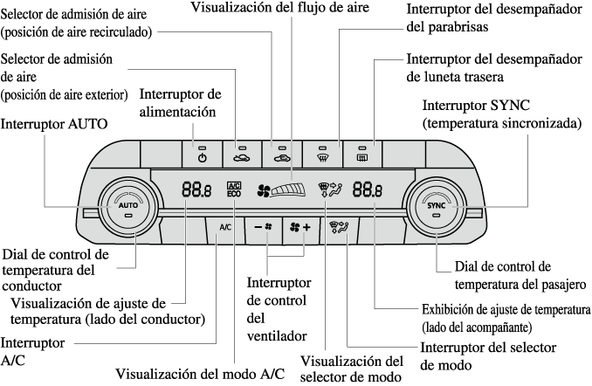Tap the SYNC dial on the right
click(437, 207)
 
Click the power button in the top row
click(202, 154)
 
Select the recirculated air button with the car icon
click(242, 154)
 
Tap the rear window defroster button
click(362, 154)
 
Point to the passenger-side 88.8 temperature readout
click(367, 188)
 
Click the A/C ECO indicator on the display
click(233, 188)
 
